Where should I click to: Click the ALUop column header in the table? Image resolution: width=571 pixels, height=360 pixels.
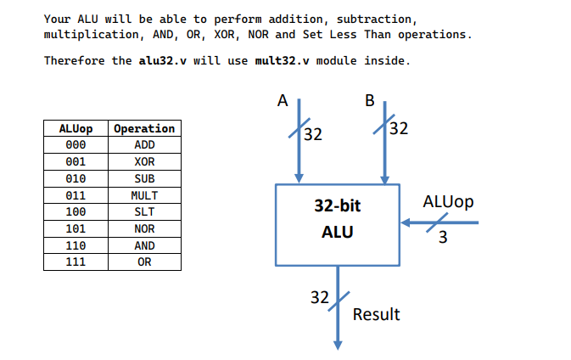click(76, 128)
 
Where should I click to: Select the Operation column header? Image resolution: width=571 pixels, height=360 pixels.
click(144, 128)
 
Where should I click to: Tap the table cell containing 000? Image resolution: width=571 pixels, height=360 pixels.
click(76, 145)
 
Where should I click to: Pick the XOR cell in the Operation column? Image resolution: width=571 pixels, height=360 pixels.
click(144, 161)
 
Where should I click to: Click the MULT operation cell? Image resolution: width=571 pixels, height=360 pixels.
click(144, 195)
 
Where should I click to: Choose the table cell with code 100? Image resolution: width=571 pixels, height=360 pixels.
click(76, 211)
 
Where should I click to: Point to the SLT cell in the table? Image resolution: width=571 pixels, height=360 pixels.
click(144, 211)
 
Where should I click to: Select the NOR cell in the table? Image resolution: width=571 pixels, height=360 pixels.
click(144, 228)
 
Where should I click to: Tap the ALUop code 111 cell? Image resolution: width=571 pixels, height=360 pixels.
click(76, 262)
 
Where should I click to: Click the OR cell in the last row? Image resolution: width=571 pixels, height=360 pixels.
click(144, 262)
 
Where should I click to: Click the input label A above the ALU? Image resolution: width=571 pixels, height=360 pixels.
click(283, 101)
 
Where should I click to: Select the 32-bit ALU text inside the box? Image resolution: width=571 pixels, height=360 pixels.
click(337, 218)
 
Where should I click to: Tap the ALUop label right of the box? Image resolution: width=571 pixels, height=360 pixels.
click(448, 202)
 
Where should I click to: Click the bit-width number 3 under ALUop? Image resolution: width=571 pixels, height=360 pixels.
click(443, 239)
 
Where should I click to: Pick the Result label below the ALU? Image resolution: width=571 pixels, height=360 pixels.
click(376, 314)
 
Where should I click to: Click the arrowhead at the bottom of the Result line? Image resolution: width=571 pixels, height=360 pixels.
click(338, 344)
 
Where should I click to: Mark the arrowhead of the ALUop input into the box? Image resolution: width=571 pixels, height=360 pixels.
click(406, 222)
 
